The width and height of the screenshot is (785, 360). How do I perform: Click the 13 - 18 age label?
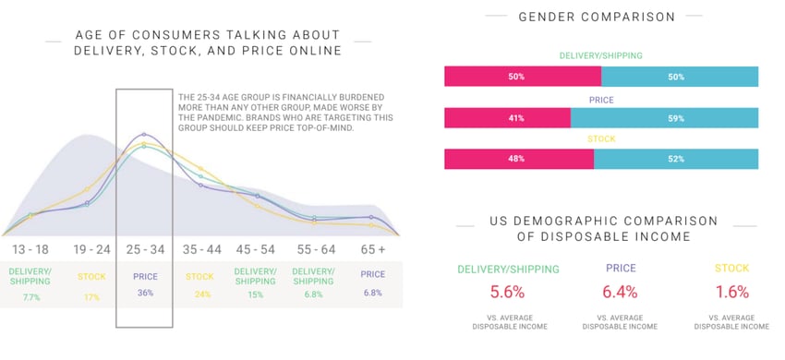(30, 249)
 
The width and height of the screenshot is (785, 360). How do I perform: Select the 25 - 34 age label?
(144, 249)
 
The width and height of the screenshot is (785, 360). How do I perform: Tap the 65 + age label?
(372, 249)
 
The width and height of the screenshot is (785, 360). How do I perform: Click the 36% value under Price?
(144, 294)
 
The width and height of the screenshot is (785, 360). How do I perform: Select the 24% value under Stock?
(201, 295)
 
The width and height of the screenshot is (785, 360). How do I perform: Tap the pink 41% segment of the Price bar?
(507, 118)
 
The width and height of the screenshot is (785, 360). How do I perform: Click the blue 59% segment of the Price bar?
(664, 118)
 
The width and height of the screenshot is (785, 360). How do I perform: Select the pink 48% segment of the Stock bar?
(519, 159)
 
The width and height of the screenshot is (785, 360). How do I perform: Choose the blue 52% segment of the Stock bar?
(676, 159)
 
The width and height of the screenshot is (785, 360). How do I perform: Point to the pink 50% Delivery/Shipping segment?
(523, 77)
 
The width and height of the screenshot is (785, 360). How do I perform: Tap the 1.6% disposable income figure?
(731, 293)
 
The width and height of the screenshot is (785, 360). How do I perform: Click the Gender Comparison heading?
(597, 17)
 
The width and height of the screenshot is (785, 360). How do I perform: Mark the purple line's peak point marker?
(144, 135)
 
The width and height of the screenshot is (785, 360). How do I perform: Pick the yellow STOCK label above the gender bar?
(601, 139)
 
